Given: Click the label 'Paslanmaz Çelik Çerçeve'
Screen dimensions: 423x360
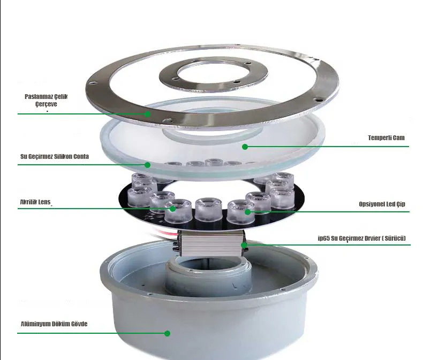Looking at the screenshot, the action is point(46,100).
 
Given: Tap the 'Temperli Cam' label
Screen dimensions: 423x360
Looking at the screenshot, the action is point(386,137).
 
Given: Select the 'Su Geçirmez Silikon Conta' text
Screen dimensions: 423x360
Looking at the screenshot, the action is point(55,157).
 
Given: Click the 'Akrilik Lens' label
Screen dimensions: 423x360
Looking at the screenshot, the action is point(35,202).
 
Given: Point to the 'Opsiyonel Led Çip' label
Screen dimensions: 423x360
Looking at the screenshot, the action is point(382,204).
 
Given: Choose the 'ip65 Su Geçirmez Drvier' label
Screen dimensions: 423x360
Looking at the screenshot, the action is point(362,238).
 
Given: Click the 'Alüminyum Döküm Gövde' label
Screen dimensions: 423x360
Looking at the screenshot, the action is point(54,324).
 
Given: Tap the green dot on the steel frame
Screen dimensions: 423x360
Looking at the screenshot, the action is point(147,114).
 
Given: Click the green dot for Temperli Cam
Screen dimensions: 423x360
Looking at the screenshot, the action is point(245,147).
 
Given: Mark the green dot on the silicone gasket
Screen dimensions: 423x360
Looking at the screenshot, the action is point(148,165).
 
